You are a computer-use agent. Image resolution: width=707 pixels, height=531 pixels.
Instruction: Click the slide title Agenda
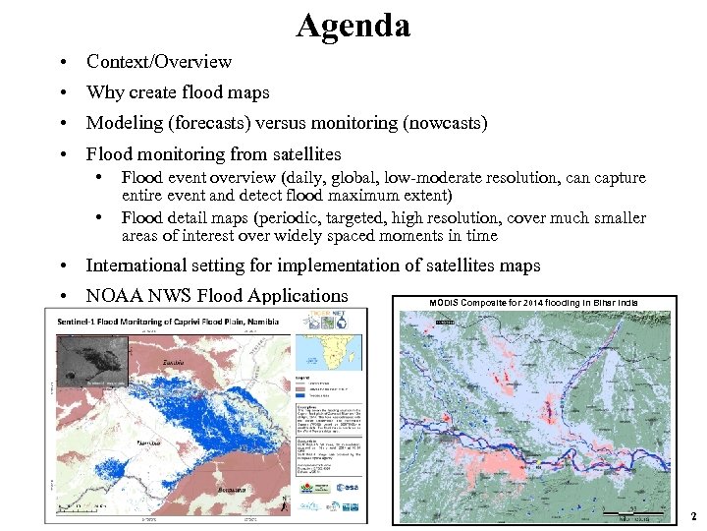coord(353,26)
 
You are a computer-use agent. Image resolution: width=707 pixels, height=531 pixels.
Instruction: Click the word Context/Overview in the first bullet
coord(159,62)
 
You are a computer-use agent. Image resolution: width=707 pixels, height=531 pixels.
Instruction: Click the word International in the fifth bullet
coord(136,265)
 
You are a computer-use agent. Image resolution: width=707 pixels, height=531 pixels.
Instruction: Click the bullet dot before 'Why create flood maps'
coord(62,93)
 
